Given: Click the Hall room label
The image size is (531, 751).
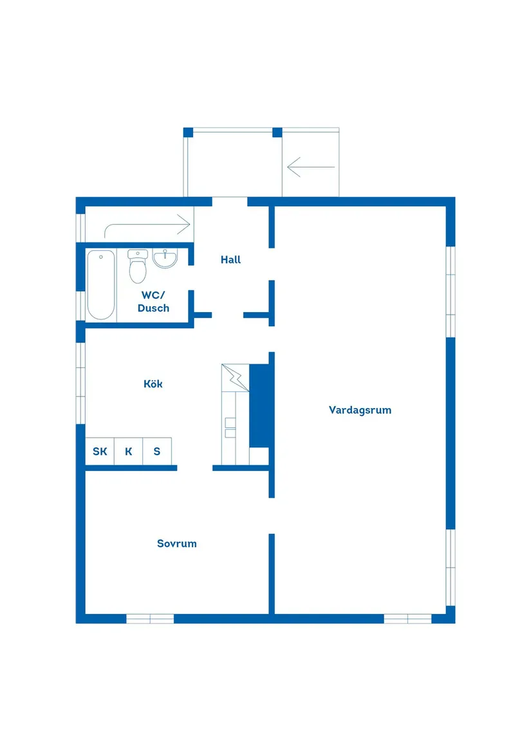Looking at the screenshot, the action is pyautogui.click(x=230, y=259).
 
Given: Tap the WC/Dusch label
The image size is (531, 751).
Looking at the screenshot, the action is pyautogui.click(x=153, y=301).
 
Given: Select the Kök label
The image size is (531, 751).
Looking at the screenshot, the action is pyautogui.click(x=153, y=384).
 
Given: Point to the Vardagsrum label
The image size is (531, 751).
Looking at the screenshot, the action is pyautogui.click(x=360, y=410).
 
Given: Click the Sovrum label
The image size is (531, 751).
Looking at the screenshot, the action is pyautogui.click(x=177, y=544).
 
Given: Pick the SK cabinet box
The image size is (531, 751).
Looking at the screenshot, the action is pyautogui.click(x=100, y=451).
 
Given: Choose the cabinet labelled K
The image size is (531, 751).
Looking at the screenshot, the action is pyautogui.click(x=129, y=451).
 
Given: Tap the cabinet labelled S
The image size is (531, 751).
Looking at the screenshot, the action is pyautogui.click(x=156, y=451).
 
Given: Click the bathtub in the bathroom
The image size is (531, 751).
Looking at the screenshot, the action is pyautogui.click(x=100, y=284).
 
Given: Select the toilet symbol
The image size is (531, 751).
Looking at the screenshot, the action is pyautogui.click(x=138, y=266).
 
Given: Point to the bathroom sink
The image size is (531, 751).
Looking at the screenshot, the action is pyautogui.click(x=165, y=258).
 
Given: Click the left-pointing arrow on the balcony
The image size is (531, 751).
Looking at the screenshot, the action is pyautogui.click(x=310, y=167).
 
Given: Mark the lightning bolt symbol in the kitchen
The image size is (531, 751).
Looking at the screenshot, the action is pyautogui.click(x=235, y=377).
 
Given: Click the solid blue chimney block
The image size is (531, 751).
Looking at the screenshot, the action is pyautogui.click(x=259, y=405).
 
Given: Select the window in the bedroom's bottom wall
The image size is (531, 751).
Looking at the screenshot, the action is pyautogui.click(x=150, y=619).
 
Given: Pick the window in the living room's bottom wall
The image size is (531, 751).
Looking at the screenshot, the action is pyautogui.click(x=408, y=619).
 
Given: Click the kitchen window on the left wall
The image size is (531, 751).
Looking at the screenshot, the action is pyautogui.click(x=80, y=383).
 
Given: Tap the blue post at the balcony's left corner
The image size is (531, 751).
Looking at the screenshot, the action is pyautogui.click(x=189, y=133).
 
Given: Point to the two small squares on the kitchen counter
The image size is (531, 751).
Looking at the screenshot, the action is pyautogui.click(x=230, y=428).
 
